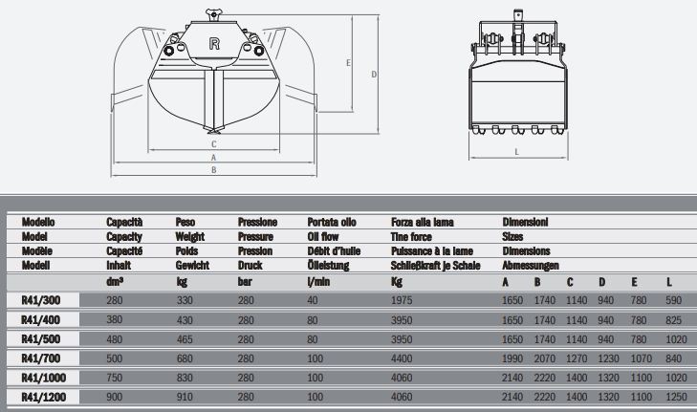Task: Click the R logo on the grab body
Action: click(x=214, y=44)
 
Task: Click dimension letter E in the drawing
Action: click(x=348, y=63)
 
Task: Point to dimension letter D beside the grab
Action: click(x=374, y=75)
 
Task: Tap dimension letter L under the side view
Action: click(x=516, y=152)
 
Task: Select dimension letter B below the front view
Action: click(x=214, y=170)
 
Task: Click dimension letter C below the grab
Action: click(x=214, y=144)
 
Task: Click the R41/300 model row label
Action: click(x=41, y=300)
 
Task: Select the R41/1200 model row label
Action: click(x=44, y=397)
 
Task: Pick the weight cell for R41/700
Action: click(x=185, y=358)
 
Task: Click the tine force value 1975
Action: click(x=402, y=300)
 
